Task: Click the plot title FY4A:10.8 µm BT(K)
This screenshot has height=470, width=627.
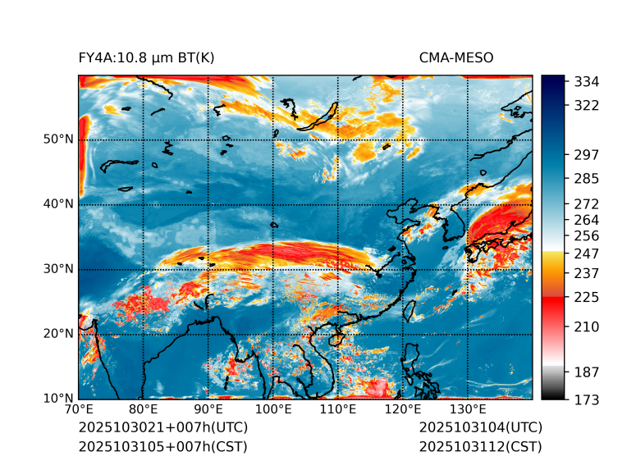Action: (147, 57)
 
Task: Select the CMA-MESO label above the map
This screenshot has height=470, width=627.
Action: (456, 57)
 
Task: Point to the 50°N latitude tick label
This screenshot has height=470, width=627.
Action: (58, 139)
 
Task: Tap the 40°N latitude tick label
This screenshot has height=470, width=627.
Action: (58, 204)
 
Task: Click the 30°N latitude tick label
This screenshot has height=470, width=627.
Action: (58, 269)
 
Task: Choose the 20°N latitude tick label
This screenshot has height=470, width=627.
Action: (58, 334)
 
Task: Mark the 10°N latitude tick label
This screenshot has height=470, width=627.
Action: (58, 399)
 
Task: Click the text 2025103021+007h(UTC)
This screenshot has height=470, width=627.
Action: (162, 428)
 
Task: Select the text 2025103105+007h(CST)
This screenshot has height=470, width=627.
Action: (162, 447)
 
